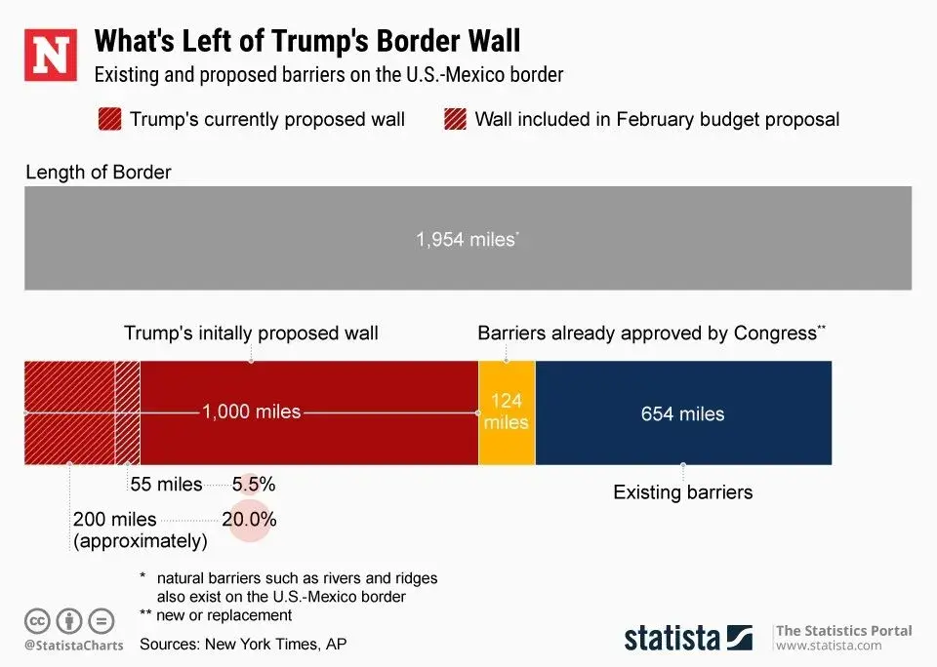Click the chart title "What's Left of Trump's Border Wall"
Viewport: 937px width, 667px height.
point(306,41)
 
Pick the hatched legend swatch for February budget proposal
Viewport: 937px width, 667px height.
point(455,120)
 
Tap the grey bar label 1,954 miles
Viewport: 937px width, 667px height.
point(467,238)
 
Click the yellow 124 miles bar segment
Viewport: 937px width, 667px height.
point(507,412)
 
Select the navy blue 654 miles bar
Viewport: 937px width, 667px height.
point(683,413)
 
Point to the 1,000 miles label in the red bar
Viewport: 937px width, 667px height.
point(251,412)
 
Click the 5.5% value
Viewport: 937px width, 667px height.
point(254,484)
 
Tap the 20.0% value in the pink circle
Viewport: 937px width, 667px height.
point(249,519)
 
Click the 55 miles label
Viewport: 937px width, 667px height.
point(166,484)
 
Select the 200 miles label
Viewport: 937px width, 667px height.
point(114,520)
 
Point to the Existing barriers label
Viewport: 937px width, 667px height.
point(682,492)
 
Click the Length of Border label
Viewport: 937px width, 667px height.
point(98,173)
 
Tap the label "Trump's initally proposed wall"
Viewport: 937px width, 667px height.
point(251,333)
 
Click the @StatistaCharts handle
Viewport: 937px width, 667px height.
point(74,646)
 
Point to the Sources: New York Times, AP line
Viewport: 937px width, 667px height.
point(243,644)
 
